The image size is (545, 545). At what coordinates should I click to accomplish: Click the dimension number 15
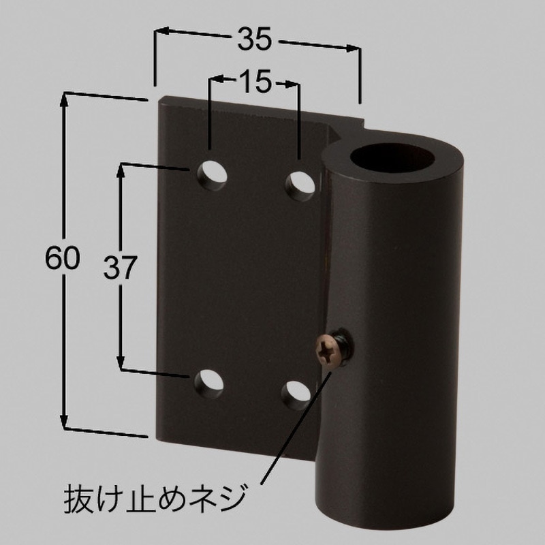coord(254,82)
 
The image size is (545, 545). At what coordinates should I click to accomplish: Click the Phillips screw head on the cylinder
coord(325,352)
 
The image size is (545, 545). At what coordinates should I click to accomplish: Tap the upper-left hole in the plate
coord(211,174)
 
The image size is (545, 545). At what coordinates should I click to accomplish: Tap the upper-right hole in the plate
coord(300,183)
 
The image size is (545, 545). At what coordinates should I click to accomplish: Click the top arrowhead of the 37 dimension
coord(123,169)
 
